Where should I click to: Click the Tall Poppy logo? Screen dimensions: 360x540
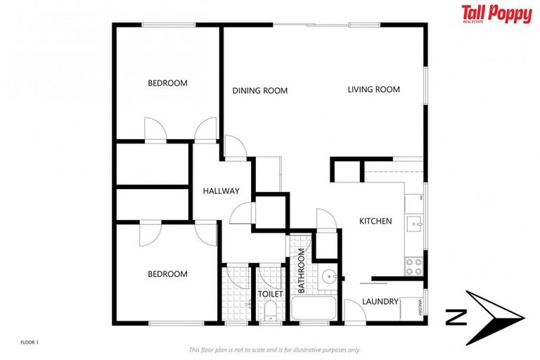pyautogui.click(x=496, y=14)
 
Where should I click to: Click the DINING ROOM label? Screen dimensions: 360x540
pyautogui.click(x=260, y=90)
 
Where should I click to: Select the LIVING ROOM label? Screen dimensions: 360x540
pyautogui.click(x=373, y=89)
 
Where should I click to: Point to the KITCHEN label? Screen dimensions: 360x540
pyautogui.click(x=375, y=221)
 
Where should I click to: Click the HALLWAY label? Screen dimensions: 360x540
pyautogui.click(x=221, y=191)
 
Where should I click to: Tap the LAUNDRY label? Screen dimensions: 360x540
pyautogui.click(x=380, y=302)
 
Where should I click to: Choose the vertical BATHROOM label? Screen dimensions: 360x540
pyautogui.click(x=301, y=271)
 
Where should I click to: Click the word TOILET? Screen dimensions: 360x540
pyautogui.click(x=270, y=294)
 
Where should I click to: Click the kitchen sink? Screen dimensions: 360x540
pyautogui.click(x=416, y=224)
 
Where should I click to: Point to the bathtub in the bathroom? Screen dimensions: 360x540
pyautogui.click(x=314, y=309)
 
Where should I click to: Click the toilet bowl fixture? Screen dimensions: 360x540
pyautogui.click(x=270, y=310)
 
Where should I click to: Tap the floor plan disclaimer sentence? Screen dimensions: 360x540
pyautogui.click(x=274, y=349)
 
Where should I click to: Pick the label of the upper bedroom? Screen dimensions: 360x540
pyautogui.click(x=167, y=83)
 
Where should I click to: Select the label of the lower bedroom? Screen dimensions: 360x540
pyautogui.click(x=167, y=274)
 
